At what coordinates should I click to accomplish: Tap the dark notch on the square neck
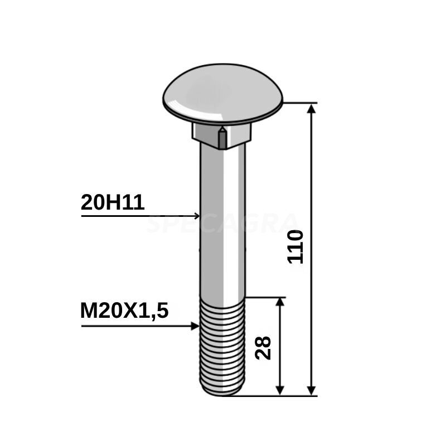pyautogui.click(x=222, y=137)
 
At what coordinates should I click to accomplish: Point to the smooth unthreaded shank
pyautogui.click(x=222, y=223)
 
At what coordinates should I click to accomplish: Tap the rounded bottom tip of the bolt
pyautogui.click(x=222, y=392)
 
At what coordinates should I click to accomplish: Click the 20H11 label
pyautogui.click(x=113, y=203)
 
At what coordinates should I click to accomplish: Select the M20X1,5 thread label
pyautogui.click(x=124, y=311)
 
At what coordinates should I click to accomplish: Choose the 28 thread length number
pyautogui.click(x=265, y=347)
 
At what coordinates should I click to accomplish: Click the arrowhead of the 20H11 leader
pyautogui.click(x=196, y=215)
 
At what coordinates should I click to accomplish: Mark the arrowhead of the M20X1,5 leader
pyautogui.click(x=195, y=326)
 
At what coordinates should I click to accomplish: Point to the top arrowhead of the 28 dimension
pyautogui.click(x=280, y=303)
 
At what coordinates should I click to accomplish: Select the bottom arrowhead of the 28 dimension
pyautogui.click(x=280, y=390)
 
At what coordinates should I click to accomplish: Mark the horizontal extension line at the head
pyautogui.click(x=301, y=103)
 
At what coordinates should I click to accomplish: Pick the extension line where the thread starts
pyautogui.click(x=265, y=297)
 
